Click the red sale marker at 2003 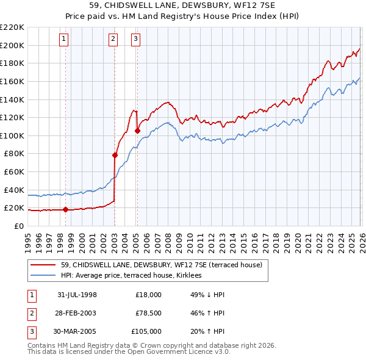point(115,155)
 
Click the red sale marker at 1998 point(65,210)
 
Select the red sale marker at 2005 point(137,131)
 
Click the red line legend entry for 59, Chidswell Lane point(162,265)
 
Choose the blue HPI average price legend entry point(135,275)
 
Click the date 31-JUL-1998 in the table point(77,295)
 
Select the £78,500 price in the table point(148,313)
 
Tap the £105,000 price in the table point(146,331)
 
